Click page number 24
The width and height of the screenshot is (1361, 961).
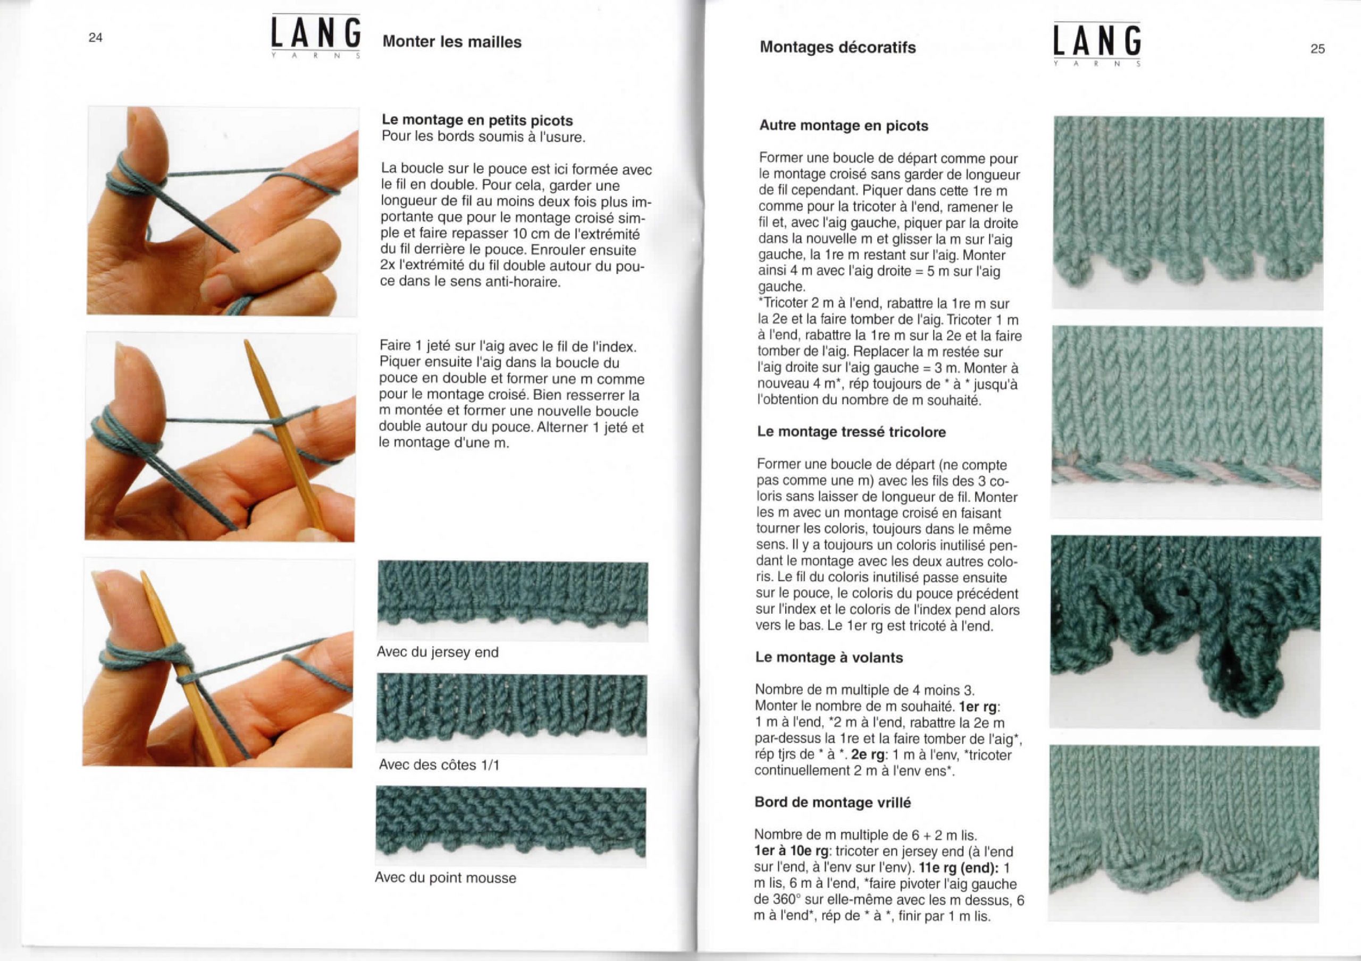coord(96,38)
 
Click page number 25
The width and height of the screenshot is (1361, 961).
coord(1317,49)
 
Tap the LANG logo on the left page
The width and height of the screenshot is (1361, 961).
coord(316,36)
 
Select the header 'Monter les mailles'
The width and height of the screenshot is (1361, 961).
coord(452,42)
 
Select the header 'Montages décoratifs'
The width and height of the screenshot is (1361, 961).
coord(837,47)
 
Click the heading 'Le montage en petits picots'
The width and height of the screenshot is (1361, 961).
coord(477,120)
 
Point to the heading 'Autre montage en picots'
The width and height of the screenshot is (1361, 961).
coord(844,125)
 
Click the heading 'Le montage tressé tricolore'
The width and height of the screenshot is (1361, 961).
coord(851,432)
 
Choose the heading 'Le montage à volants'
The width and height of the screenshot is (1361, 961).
coord(829,657)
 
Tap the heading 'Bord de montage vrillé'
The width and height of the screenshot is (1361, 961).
coord(832,802)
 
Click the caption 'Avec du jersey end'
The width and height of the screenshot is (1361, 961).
coord(438,652)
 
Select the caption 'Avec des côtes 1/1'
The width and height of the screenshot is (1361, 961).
coord(439,765)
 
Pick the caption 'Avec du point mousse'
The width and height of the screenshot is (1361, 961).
coord(445,878)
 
